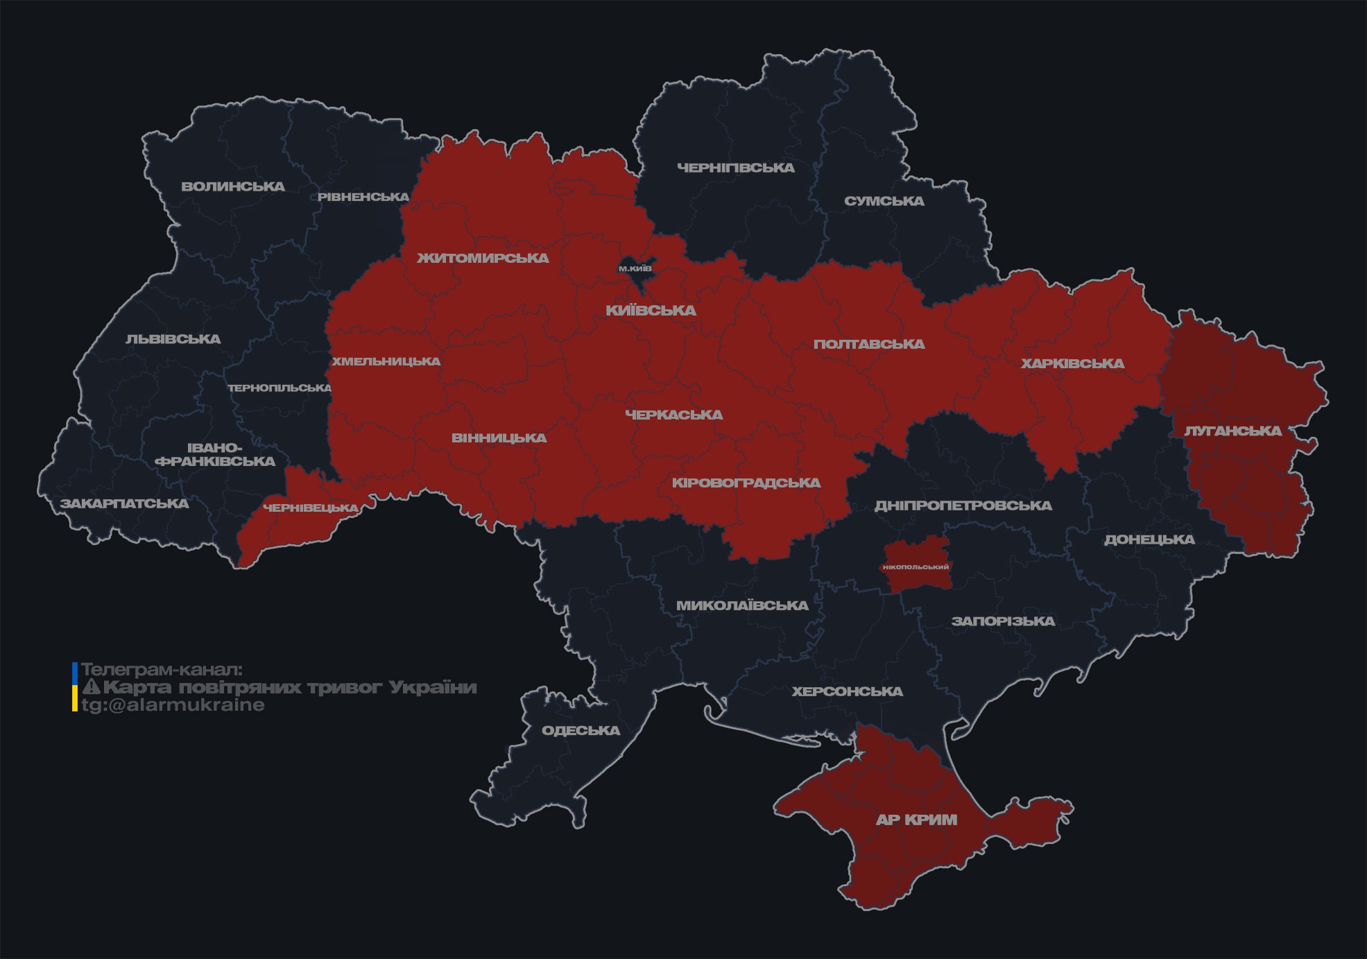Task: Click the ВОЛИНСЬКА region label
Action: click(x=233, y=187)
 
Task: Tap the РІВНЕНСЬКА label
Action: click(x=363, y=197)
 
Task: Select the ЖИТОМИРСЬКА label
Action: click(x=483, y=259)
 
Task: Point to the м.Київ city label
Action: click(x=635, y=268)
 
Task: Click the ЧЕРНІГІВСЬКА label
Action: click(x=735, y=168)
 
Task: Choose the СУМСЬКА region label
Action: click(x=884, y=201)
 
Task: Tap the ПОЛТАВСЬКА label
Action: click(x=868, y=345)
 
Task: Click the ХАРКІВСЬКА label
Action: click(x=1072, y=364)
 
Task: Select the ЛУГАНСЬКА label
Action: click(x=1232, y=431)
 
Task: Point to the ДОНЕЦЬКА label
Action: click(x=1149, y=539)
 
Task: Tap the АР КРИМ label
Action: click(x=916, y=820)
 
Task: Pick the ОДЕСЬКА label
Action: click(x=581, y=731)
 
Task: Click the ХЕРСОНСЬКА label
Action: click(x=847, y=692)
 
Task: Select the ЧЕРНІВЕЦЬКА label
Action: click(x=311, y=508)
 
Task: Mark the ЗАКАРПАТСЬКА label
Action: click(x=124, y=503)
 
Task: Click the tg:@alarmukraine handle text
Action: click(x=173, y=705)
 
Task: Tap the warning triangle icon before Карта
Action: click(x=91, y=688)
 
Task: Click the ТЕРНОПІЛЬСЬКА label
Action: click(x=280, y=388)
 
